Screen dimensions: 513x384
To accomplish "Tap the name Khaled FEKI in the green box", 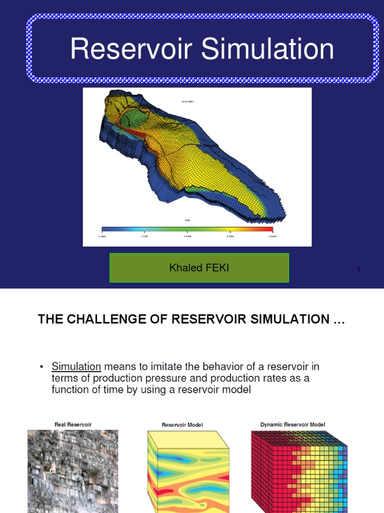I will tap(199, 268).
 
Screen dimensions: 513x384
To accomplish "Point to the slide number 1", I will tap(358, 270).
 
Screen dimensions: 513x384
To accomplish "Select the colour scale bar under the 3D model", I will tap(187, 229).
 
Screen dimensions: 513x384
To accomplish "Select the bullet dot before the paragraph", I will tap(42, 367).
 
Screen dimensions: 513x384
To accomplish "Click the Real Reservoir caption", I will tap(73, 424).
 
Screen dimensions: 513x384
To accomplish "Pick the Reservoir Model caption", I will tap(182, 425).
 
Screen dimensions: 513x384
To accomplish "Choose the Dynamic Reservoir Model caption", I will tap(292, 424).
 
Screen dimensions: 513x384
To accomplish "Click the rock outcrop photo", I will tap(72, 471).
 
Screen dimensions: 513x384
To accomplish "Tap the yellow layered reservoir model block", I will tap(187, 471).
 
